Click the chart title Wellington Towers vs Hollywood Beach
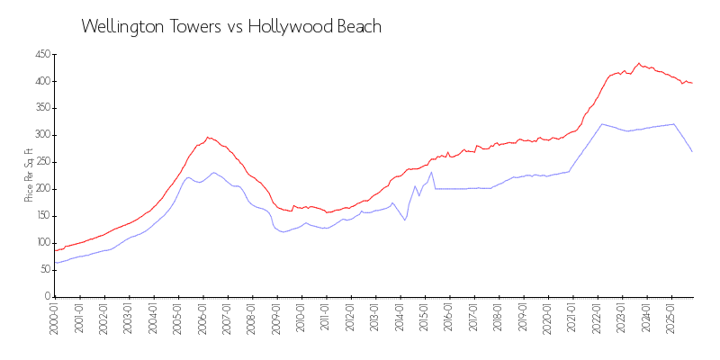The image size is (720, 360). coord(231,27)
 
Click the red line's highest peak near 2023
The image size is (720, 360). coord(639,64)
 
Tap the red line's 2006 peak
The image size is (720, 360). coord(208,137)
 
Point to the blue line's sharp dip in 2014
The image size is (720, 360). coord(405,220)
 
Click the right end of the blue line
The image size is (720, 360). coord(692,152)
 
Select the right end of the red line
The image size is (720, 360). coord(692,84)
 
